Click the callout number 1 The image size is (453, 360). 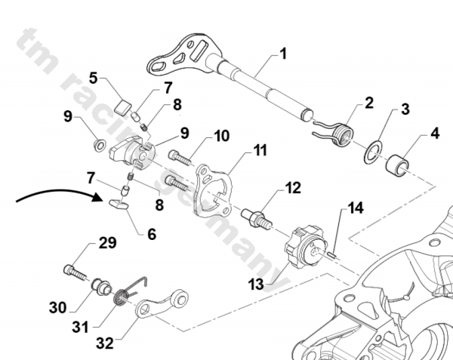(283, 54)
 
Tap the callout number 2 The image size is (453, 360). (369, 103)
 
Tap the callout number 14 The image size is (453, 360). (355, 207)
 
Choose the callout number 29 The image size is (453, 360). (107, 244)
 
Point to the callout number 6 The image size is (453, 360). (153, 235)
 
